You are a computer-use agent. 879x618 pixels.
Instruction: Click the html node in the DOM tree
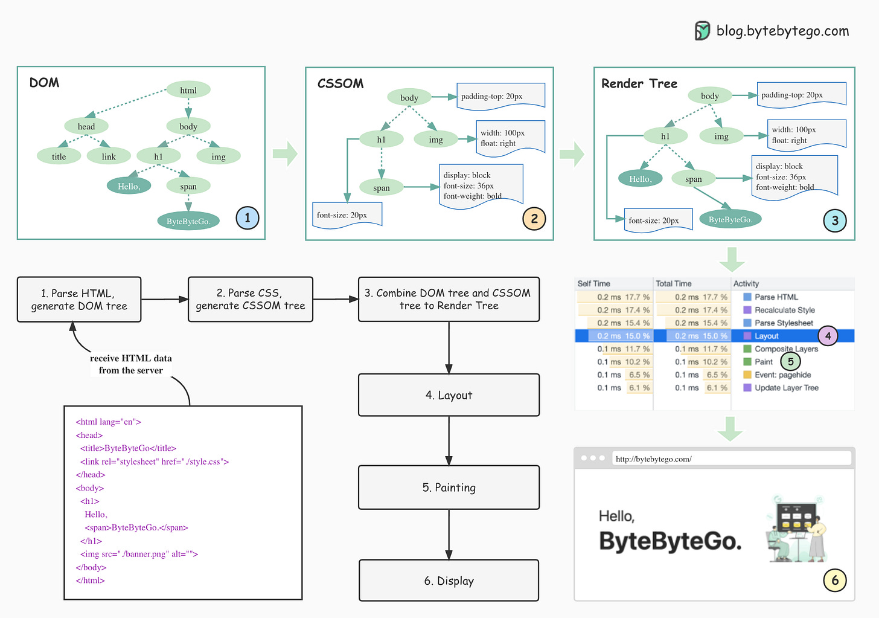[188, 90]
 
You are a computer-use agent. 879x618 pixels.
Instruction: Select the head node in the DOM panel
[86, 126]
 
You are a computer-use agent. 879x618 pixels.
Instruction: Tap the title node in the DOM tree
[59, 156]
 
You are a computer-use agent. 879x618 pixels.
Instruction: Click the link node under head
[109, 156]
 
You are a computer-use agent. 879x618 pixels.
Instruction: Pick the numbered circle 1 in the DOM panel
[248, 218]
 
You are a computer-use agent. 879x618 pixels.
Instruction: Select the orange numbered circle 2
[534, 219]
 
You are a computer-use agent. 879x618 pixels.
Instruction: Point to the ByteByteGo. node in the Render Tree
[730, 219]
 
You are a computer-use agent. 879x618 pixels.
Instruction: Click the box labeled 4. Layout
[449, 395]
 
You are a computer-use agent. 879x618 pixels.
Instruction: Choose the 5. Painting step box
[449, 488]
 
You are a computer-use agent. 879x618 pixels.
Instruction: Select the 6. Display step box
[449, 581]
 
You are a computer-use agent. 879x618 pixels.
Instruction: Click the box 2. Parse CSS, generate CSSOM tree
[251, 299]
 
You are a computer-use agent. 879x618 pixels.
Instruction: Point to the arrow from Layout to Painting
[449, 441]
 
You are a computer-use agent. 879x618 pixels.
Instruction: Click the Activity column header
[746, 283]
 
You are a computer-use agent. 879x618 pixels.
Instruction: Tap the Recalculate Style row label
[785, 310]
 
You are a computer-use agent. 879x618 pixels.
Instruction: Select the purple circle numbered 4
[828, 336]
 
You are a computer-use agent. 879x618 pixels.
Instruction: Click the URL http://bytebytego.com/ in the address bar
[654, 459]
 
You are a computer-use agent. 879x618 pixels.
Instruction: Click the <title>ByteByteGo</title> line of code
[129, 448]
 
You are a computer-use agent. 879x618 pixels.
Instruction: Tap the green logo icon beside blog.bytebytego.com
[703, 31]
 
